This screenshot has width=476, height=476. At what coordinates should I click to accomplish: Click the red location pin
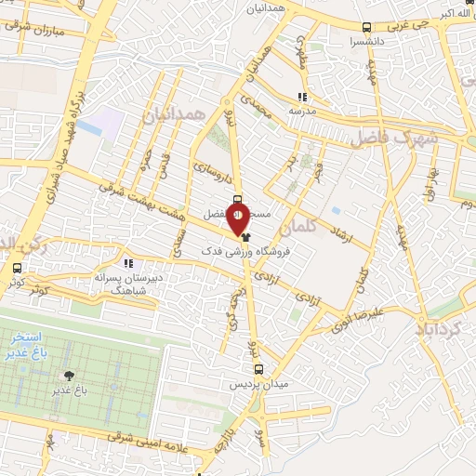click(x=238, y=220)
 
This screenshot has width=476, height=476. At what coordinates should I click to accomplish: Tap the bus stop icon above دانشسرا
click(x=367, y=28)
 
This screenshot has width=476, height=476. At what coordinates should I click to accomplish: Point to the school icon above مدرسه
click(x=302, y=96)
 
